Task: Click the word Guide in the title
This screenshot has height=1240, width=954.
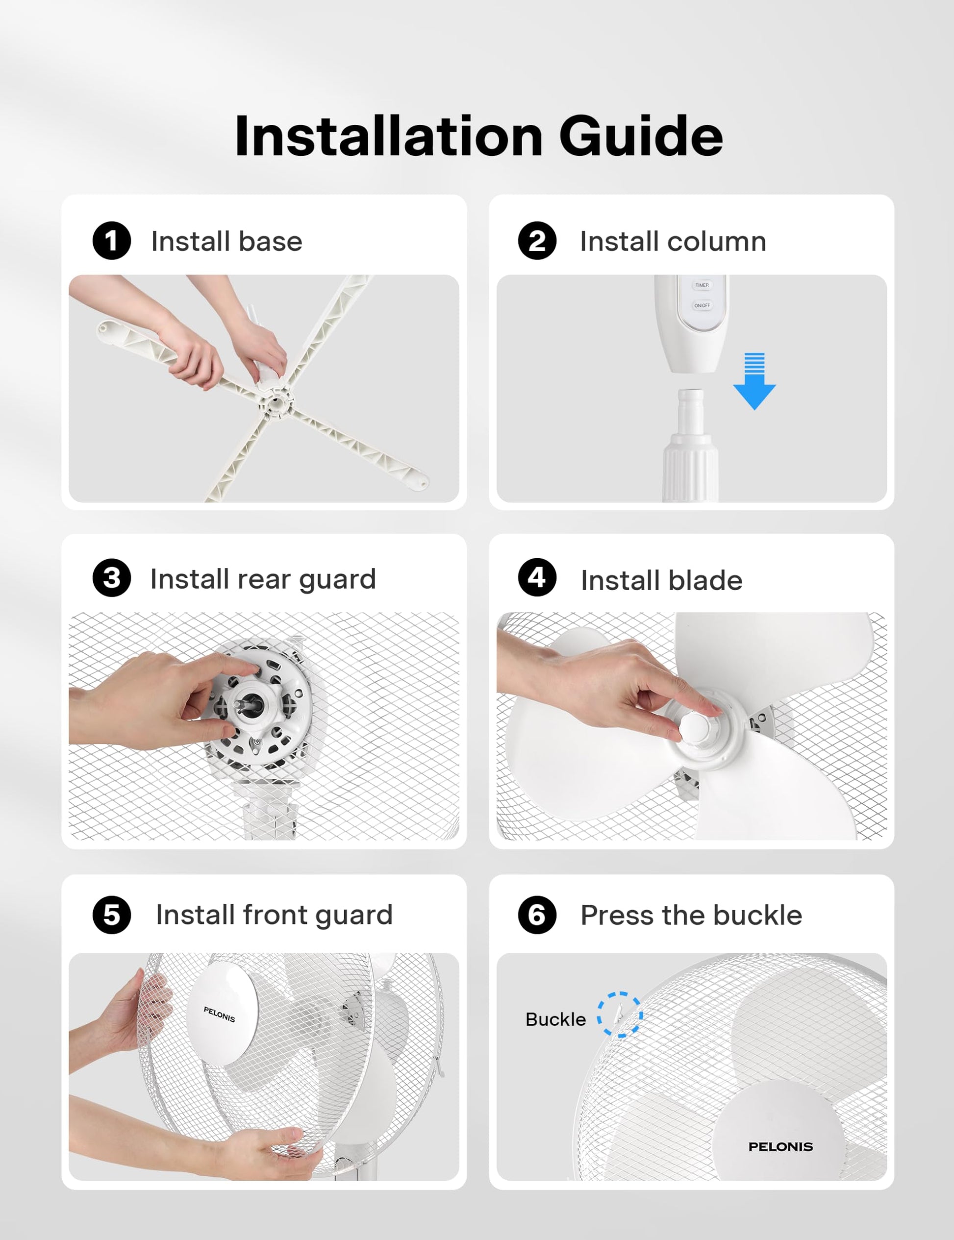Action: pyautogui.click(x=641, y=136)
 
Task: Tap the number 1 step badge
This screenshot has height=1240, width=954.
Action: pyautogui.click(x=112, y=241)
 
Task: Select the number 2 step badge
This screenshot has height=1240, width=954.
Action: pyautogui.click(x=537, y=241)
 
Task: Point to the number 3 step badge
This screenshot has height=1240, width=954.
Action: pyautogui.click(x=112, y=578)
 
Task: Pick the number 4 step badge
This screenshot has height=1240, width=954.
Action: pyautogui.click(x=537, y=578)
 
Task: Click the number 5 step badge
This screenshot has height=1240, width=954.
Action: pyautogui.click(x=112, y=915)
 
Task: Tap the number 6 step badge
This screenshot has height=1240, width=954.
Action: pyautogui.click(x=537, y=915)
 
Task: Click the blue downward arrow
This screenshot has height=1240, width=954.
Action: pyautogui.click(x=754, y=381)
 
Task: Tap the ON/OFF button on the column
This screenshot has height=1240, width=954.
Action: pyautogui.click(x=702, y=305)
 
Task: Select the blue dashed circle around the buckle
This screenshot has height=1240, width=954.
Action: pyautogui.click(x=620, y=1015)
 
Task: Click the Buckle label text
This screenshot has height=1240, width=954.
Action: pyautogui.click(x=555, y=1020)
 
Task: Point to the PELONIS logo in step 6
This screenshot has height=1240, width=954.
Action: pyautogui.click(x=781, y=1147)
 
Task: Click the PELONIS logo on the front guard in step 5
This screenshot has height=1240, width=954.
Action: pyautogui.click(x=219, y=1014)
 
